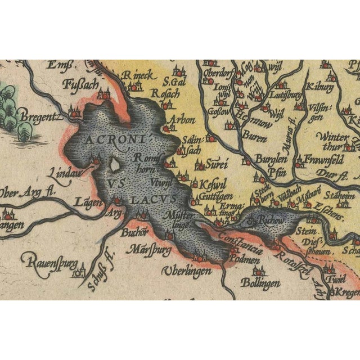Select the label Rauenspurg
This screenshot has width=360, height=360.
(48, 261)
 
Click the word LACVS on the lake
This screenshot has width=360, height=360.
(152, 199)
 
